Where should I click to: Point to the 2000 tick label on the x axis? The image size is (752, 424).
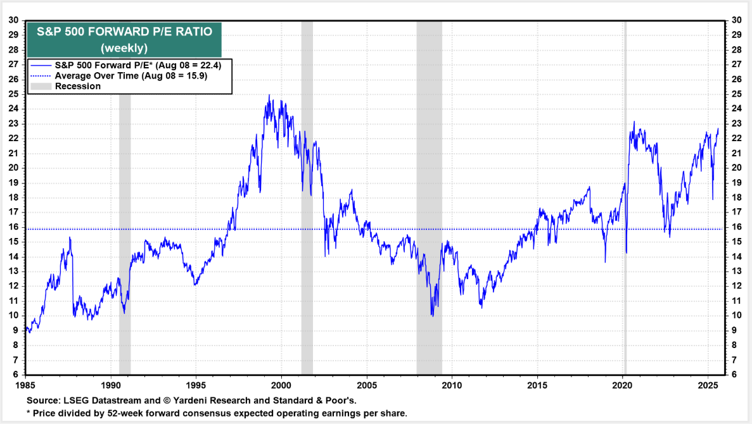pyautogui.click(x=281, y=385)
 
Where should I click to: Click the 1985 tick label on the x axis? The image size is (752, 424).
pyautogui.click(x=25, y=385)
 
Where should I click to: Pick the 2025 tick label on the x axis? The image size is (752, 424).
pyautogui.click(x=708, y=385)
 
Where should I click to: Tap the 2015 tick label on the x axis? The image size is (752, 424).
pyautogui.click(x=537, y=385)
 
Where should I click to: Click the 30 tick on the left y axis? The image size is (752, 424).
pyautogui.click(x=13, y=20)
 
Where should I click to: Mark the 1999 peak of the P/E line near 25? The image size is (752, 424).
pyautogui.click(x=269, y=96)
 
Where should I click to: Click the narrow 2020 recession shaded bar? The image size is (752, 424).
pyautogui.click(x=625, y=190)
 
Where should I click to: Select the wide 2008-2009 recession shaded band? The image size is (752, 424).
pyautogui.click(x=429, y=190)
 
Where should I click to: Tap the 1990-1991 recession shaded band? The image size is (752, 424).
pyautogui.click(x=125, y=190)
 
